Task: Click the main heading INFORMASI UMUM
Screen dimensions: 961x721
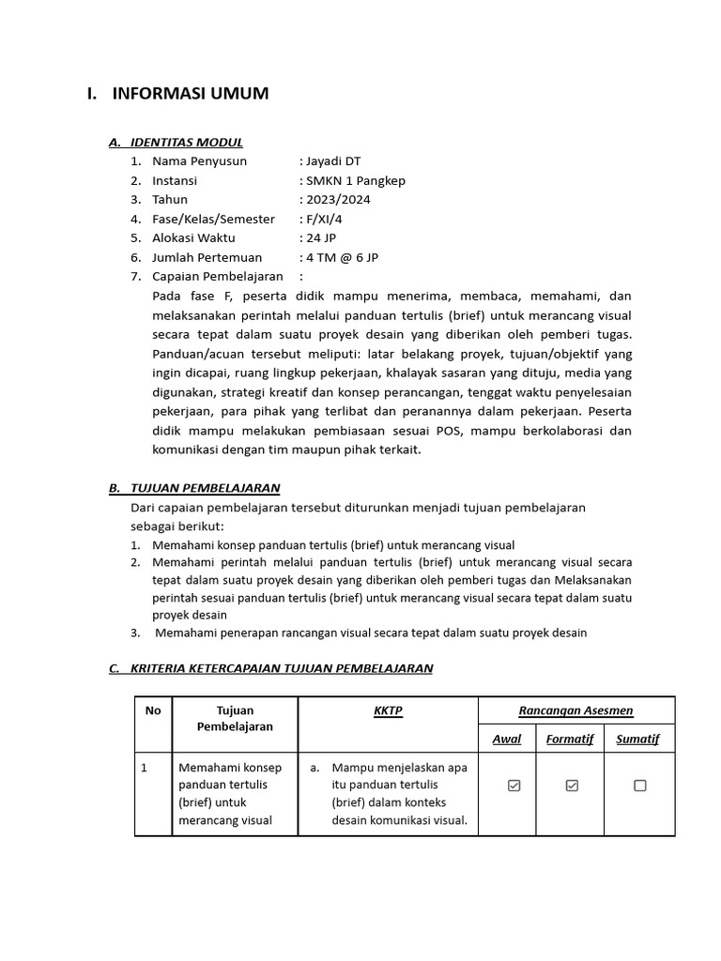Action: (x=190, y=93)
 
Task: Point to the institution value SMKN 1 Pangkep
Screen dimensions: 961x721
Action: (x=356, y=180)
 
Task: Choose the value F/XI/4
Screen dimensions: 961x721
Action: (x=326, y=219)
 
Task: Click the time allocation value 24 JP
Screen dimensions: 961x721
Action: (x=320, y=237)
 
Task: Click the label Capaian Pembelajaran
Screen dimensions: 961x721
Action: (x=218, y=276)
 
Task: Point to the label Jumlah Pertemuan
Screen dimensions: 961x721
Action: (x=207, y=257)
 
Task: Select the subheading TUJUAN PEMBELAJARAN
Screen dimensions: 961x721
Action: (x=205, y=488)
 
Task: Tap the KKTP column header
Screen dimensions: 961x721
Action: (x=388, y=711)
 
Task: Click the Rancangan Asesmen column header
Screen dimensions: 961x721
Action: (x=575, y=711)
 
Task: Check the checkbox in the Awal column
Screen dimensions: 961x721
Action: (x=514, y=786)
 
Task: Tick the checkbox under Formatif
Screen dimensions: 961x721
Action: (x=572, y=786)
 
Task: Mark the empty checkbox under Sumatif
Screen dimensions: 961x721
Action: (x=639, y=786)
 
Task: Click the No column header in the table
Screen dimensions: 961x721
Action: (x=152, y=711)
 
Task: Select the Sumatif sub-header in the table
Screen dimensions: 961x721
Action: (x=637, y=740)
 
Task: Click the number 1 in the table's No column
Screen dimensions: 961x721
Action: (x=145, y=768)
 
